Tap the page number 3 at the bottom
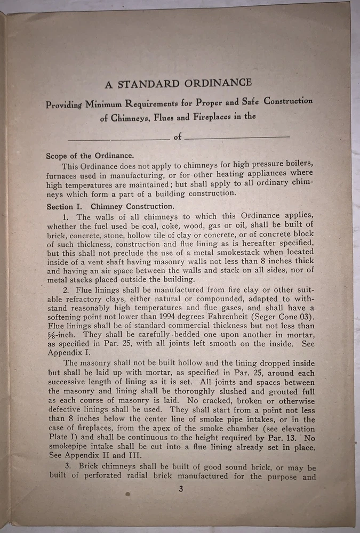pos(181,491)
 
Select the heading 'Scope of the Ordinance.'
pos(90,156)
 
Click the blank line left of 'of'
pos(118,138)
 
